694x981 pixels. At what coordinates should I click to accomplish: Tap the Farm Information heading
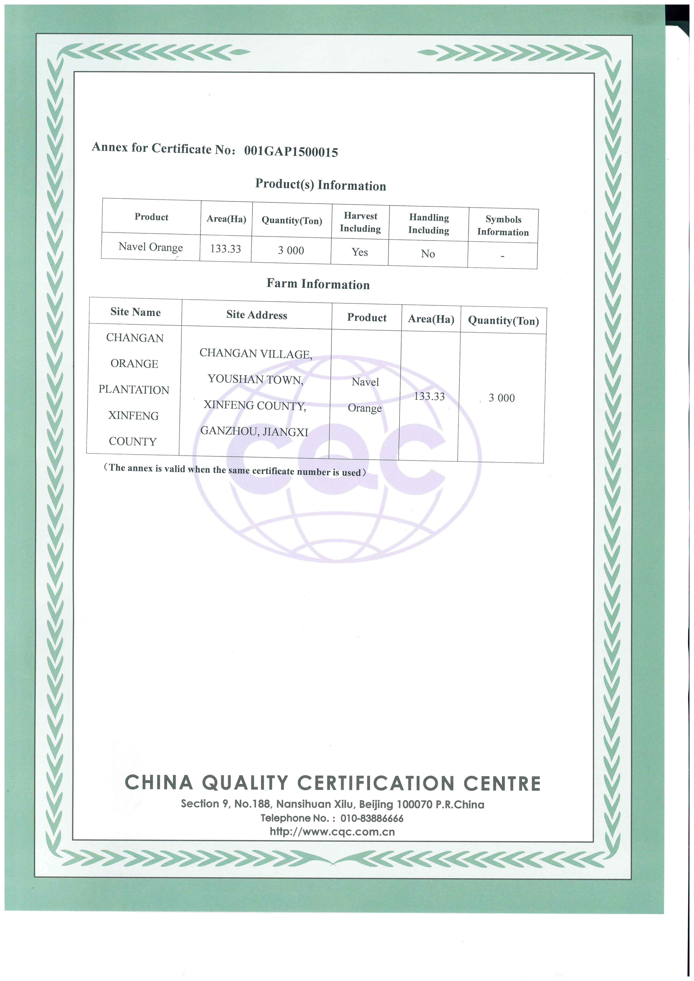(318, 284)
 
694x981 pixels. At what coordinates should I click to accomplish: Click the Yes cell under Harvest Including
(360, 252)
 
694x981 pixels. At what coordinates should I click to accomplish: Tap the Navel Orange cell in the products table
(151, 247)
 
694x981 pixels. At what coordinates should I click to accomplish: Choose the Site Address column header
(256, 315)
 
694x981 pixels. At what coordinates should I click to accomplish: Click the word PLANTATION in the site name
(134, 390)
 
